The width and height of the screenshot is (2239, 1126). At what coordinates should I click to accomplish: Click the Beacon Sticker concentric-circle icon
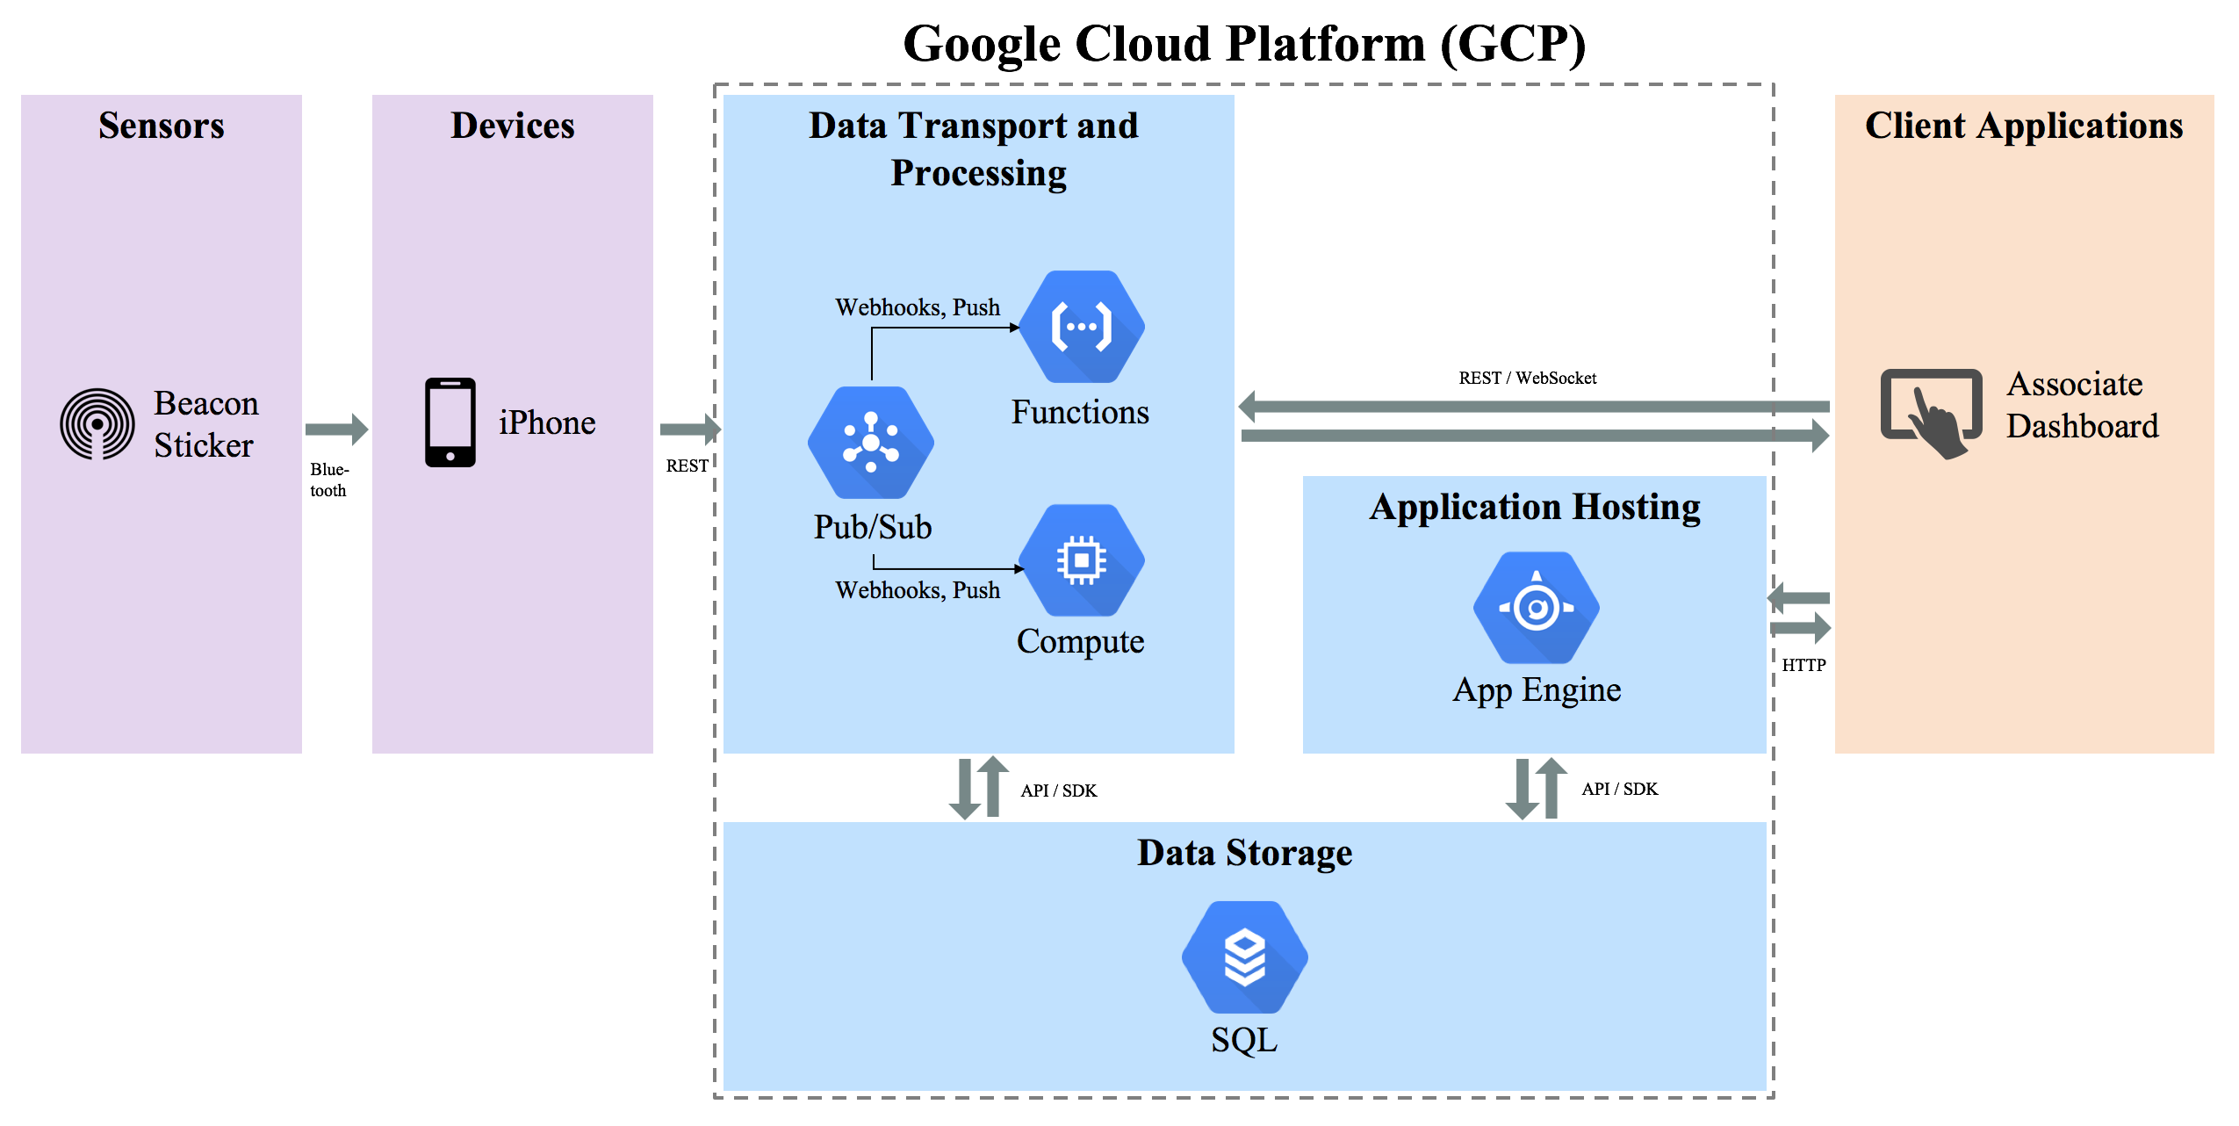(x=97, y=424)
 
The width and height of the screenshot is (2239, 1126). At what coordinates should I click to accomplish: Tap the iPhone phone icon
(x=450, y=422)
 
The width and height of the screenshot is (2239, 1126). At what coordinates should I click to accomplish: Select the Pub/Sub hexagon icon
(x=871, y=443)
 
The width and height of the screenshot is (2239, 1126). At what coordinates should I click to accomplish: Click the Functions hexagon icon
(x=1082, y=327)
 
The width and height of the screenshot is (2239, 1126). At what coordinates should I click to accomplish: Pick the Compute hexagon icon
(x=1082, y=560)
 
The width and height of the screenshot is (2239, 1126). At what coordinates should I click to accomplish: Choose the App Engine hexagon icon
(x=1537, y=608)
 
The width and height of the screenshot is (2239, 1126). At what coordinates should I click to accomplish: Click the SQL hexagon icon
(x=1245, y=957)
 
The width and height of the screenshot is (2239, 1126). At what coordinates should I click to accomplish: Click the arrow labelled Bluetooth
(x=337, y=429)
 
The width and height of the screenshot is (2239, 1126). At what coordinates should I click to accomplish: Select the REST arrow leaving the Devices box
(x=691, y=429)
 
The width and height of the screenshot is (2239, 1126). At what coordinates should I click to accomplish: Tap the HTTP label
(x=1803, y=666)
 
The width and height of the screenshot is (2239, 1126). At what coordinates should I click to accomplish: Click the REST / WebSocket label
(x=1528, y=379)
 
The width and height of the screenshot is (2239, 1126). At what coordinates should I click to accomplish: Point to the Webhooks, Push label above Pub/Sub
(x=918, y=307)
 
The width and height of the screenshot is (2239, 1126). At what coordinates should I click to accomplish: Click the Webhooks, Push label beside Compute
(x=918, y=590)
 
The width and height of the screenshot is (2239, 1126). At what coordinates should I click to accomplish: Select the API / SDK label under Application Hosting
(x=1620, y=789)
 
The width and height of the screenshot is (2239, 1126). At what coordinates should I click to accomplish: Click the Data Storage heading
(x=1245, y=853)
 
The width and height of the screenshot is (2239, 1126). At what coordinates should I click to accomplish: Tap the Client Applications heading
(x=2024, y=126)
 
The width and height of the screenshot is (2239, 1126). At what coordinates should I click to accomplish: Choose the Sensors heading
(x=162, y=126)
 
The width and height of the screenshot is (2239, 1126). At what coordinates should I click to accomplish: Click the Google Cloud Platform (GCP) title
(x=1245, y=44)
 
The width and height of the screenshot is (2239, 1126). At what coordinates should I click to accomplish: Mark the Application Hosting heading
(x=1535, y=508)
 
